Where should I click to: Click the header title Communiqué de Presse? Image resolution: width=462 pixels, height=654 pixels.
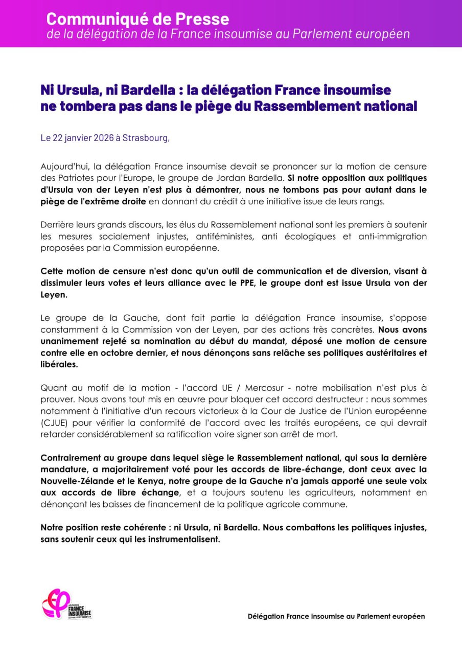click(137, 19)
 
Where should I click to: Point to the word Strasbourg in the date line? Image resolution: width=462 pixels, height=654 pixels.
click(145, 138)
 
